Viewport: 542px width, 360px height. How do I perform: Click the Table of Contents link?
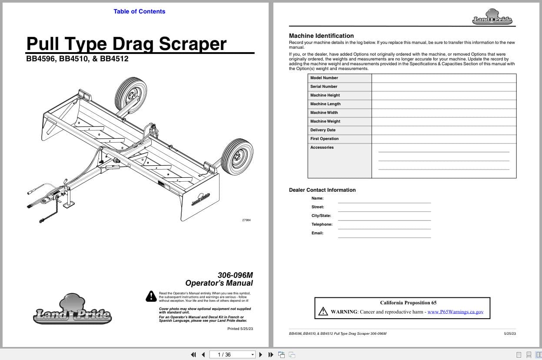click(x=139, y=11)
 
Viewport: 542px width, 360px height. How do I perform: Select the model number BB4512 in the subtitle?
click(x=114, y=59)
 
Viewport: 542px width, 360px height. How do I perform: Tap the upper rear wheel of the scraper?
click(x=131, y=95)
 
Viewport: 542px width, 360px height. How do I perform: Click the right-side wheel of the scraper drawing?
click(x=237, y=157)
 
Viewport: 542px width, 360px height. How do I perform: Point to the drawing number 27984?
click(x=246, y=220)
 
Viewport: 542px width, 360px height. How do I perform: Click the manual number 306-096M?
click(x=235, y=275)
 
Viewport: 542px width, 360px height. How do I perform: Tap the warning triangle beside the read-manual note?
click(x=151, y=296)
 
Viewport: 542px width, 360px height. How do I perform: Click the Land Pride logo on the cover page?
click(x=72, y=310)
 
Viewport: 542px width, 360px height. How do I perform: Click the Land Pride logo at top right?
click(x=492, y=17)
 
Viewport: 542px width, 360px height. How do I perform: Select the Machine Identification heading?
click(x=321, y=36)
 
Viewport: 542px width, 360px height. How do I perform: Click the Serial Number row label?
click(x=324, y=87)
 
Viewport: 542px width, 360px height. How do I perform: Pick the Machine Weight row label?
click(x=325, y=121)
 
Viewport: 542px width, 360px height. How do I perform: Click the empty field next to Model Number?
click(x=443, y=78)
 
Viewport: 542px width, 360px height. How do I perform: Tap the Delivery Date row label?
click(x=323, y=130)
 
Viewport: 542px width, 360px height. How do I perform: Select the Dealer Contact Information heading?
click(x=322, y=190)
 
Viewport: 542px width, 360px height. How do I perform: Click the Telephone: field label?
click(x=322, y=224)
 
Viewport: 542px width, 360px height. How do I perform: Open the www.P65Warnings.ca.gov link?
click(x=455, y=312)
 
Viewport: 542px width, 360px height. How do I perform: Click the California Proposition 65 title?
click(x=408, y=303)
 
